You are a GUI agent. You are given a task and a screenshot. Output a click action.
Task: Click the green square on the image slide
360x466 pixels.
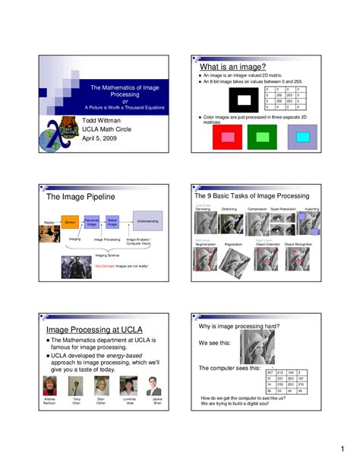click(x=263, y=138)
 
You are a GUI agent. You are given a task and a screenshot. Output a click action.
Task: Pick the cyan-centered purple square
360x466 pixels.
click(x=302, y=138)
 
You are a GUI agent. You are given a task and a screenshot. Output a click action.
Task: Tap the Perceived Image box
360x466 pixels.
click(x=92, y=221)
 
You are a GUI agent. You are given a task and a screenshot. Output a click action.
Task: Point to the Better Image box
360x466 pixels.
click(x=112, y=221)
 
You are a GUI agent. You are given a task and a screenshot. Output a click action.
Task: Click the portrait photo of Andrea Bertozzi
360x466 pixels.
click(x=50, y=385)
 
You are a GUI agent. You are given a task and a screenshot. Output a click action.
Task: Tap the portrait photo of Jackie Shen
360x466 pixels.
click(x=156, y=385)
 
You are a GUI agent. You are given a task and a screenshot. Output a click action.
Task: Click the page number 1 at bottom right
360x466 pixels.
click(x=343, y=447)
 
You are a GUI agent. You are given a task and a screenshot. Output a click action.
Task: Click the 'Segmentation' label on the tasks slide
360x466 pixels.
click(x=207, y=244)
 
